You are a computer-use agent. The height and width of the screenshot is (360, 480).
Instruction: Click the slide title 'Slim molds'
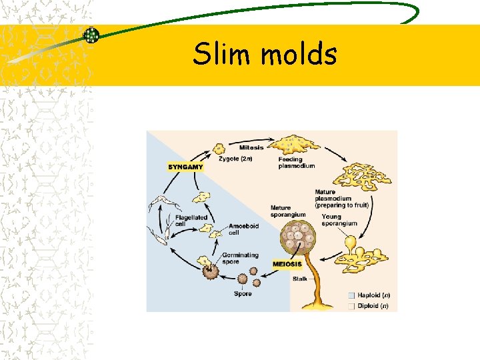point(265,54)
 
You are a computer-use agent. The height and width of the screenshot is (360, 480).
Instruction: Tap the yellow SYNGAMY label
point(185,167)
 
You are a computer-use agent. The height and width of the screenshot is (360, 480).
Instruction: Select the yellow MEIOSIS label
point(287,264)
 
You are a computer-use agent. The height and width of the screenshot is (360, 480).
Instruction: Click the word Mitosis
point(251,147)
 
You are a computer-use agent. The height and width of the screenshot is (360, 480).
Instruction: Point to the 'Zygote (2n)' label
point(236,159)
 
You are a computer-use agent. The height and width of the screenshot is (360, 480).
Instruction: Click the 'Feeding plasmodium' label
point(296,163)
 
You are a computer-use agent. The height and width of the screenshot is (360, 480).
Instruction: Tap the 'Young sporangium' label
point(339,220)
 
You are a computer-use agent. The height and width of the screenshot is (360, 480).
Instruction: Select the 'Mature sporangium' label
point(288,211)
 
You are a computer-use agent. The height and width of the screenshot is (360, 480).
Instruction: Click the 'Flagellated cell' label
point(191,221)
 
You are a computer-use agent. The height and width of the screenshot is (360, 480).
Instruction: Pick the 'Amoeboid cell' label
point(243,229)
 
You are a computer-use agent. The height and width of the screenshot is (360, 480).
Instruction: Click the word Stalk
point(300,279)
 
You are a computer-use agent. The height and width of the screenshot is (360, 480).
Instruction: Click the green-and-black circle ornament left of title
point(91,35)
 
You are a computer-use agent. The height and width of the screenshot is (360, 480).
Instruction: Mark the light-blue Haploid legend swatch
point(351,295)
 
